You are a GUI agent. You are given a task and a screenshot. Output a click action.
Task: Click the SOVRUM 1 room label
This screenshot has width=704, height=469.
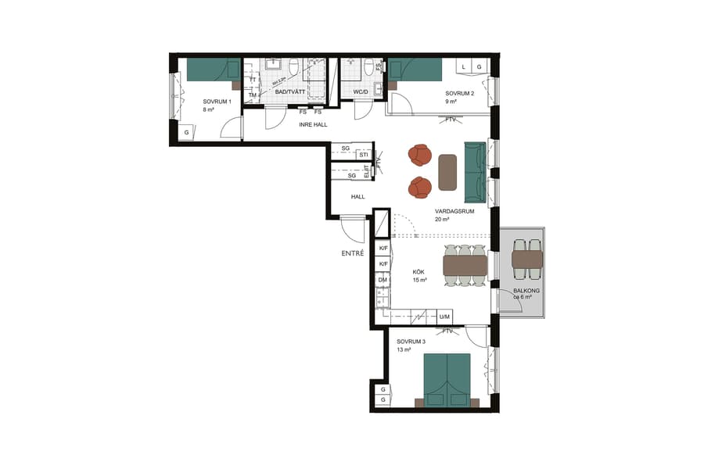tap(217, 102)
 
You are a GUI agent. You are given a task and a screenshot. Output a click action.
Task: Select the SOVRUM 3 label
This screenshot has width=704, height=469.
tap(411, 342)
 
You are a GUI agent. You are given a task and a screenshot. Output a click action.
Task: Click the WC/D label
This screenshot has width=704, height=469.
tap(361, 92)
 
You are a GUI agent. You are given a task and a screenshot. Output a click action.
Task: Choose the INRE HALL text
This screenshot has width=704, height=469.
tap(312, 124)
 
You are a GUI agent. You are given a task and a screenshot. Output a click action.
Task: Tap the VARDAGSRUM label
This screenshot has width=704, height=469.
tap(454, 211)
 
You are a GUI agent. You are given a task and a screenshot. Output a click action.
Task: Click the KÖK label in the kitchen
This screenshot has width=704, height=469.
tap(419, 272)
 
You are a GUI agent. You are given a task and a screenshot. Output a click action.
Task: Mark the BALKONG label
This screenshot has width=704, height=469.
tap(522, 290)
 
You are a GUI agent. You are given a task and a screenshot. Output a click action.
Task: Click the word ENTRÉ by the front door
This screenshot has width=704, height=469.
tap(353, 253)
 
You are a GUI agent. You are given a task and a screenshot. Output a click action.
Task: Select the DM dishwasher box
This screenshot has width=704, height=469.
tap(383, 279)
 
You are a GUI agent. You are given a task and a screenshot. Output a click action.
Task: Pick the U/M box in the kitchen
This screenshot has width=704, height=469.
tap(444, 317)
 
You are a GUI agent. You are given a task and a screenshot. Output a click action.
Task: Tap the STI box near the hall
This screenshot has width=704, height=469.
tap(364, 155)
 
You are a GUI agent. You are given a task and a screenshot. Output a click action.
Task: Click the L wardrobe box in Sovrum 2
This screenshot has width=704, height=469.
tap(464, 67)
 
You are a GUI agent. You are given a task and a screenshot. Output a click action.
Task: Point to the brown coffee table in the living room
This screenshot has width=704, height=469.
tap(447, 172)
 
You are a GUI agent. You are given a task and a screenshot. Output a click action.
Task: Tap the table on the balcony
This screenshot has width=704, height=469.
tap(526, 260)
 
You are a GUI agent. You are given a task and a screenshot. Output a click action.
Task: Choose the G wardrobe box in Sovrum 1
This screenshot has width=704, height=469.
tap(187, 133)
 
